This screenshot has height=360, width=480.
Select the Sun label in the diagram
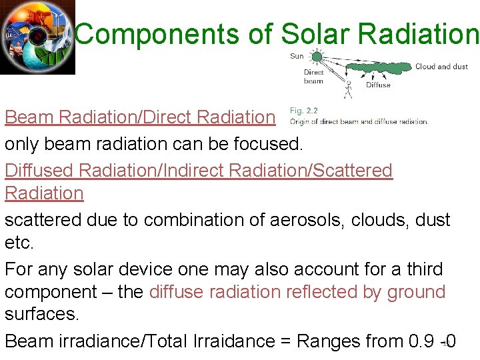(x=297, y=56)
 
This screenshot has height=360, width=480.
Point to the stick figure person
(x=347, y=87)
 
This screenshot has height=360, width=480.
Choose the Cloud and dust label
(x=441, y=67)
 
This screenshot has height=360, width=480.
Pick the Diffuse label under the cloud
(x=378, y=85)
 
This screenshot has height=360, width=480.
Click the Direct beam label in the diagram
(x=313, y=77)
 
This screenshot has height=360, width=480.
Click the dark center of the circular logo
(x=38, y=36)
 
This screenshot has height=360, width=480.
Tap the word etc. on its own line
(x=19, y=243)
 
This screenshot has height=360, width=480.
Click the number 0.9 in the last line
(x=421, y=341)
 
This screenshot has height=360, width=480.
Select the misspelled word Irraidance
(x=233, y=341)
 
